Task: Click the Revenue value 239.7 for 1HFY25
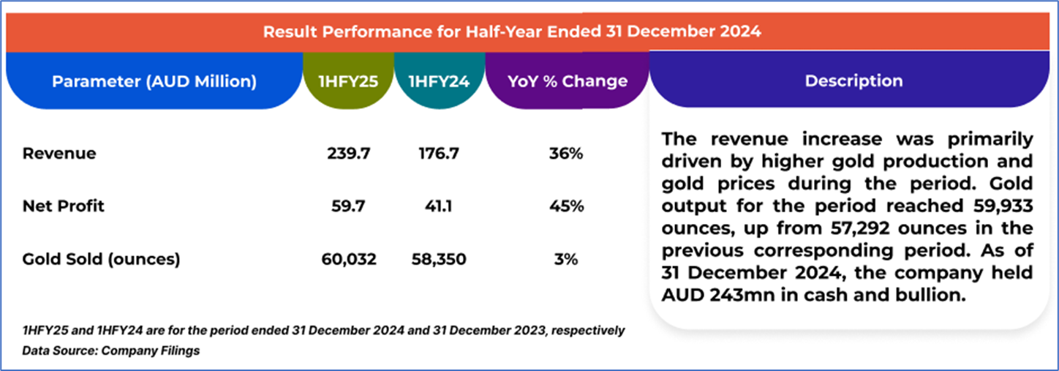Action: [348, 154]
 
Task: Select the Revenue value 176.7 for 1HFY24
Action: [438, 154]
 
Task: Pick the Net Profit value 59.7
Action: [348, 206]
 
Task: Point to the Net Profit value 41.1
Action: [438, 206]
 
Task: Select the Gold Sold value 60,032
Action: [348, 258]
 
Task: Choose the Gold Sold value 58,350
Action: [438, 258]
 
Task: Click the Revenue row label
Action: [59, 154]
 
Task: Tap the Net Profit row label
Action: [64, 206]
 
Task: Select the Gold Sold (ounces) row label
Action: [101, 258]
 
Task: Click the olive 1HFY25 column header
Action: [348, 81]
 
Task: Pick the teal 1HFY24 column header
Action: [438, 81]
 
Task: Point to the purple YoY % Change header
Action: [567, 81]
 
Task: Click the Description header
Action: [853, 81]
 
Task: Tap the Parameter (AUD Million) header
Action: [154, 81]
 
